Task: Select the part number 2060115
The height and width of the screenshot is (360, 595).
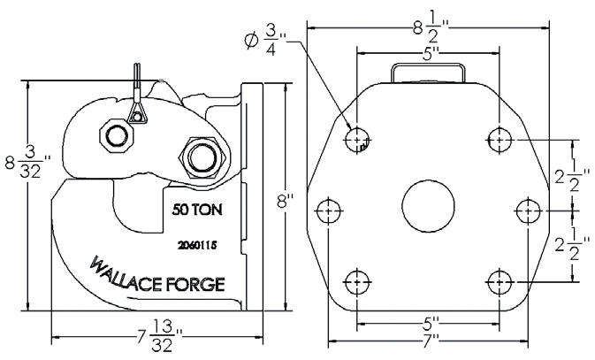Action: tap(197, 243)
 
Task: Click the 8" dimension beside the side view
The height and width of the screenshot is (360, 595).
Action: tap(284, 201)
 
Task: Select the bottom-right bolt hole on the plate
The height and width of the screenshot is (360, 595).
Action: tap(500, 281)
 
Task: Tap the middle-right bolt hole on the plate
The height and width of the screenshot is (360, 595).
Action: tap(528, 211)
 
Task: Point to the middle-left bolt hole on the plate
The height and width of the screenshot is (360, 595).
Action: tap(328, 211)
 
